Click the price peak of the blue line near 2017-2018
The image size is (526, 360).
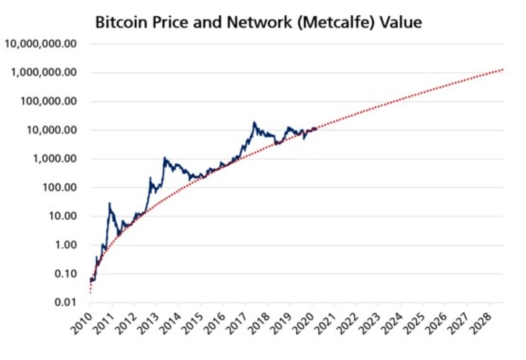tap(254, 123)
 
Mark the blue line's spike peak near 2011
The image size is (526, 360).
tap(110, 203)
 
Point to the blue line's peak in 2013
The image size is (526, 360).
tap(165, 158)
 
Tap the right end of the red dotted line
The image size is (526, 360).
tap(502, 70)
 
